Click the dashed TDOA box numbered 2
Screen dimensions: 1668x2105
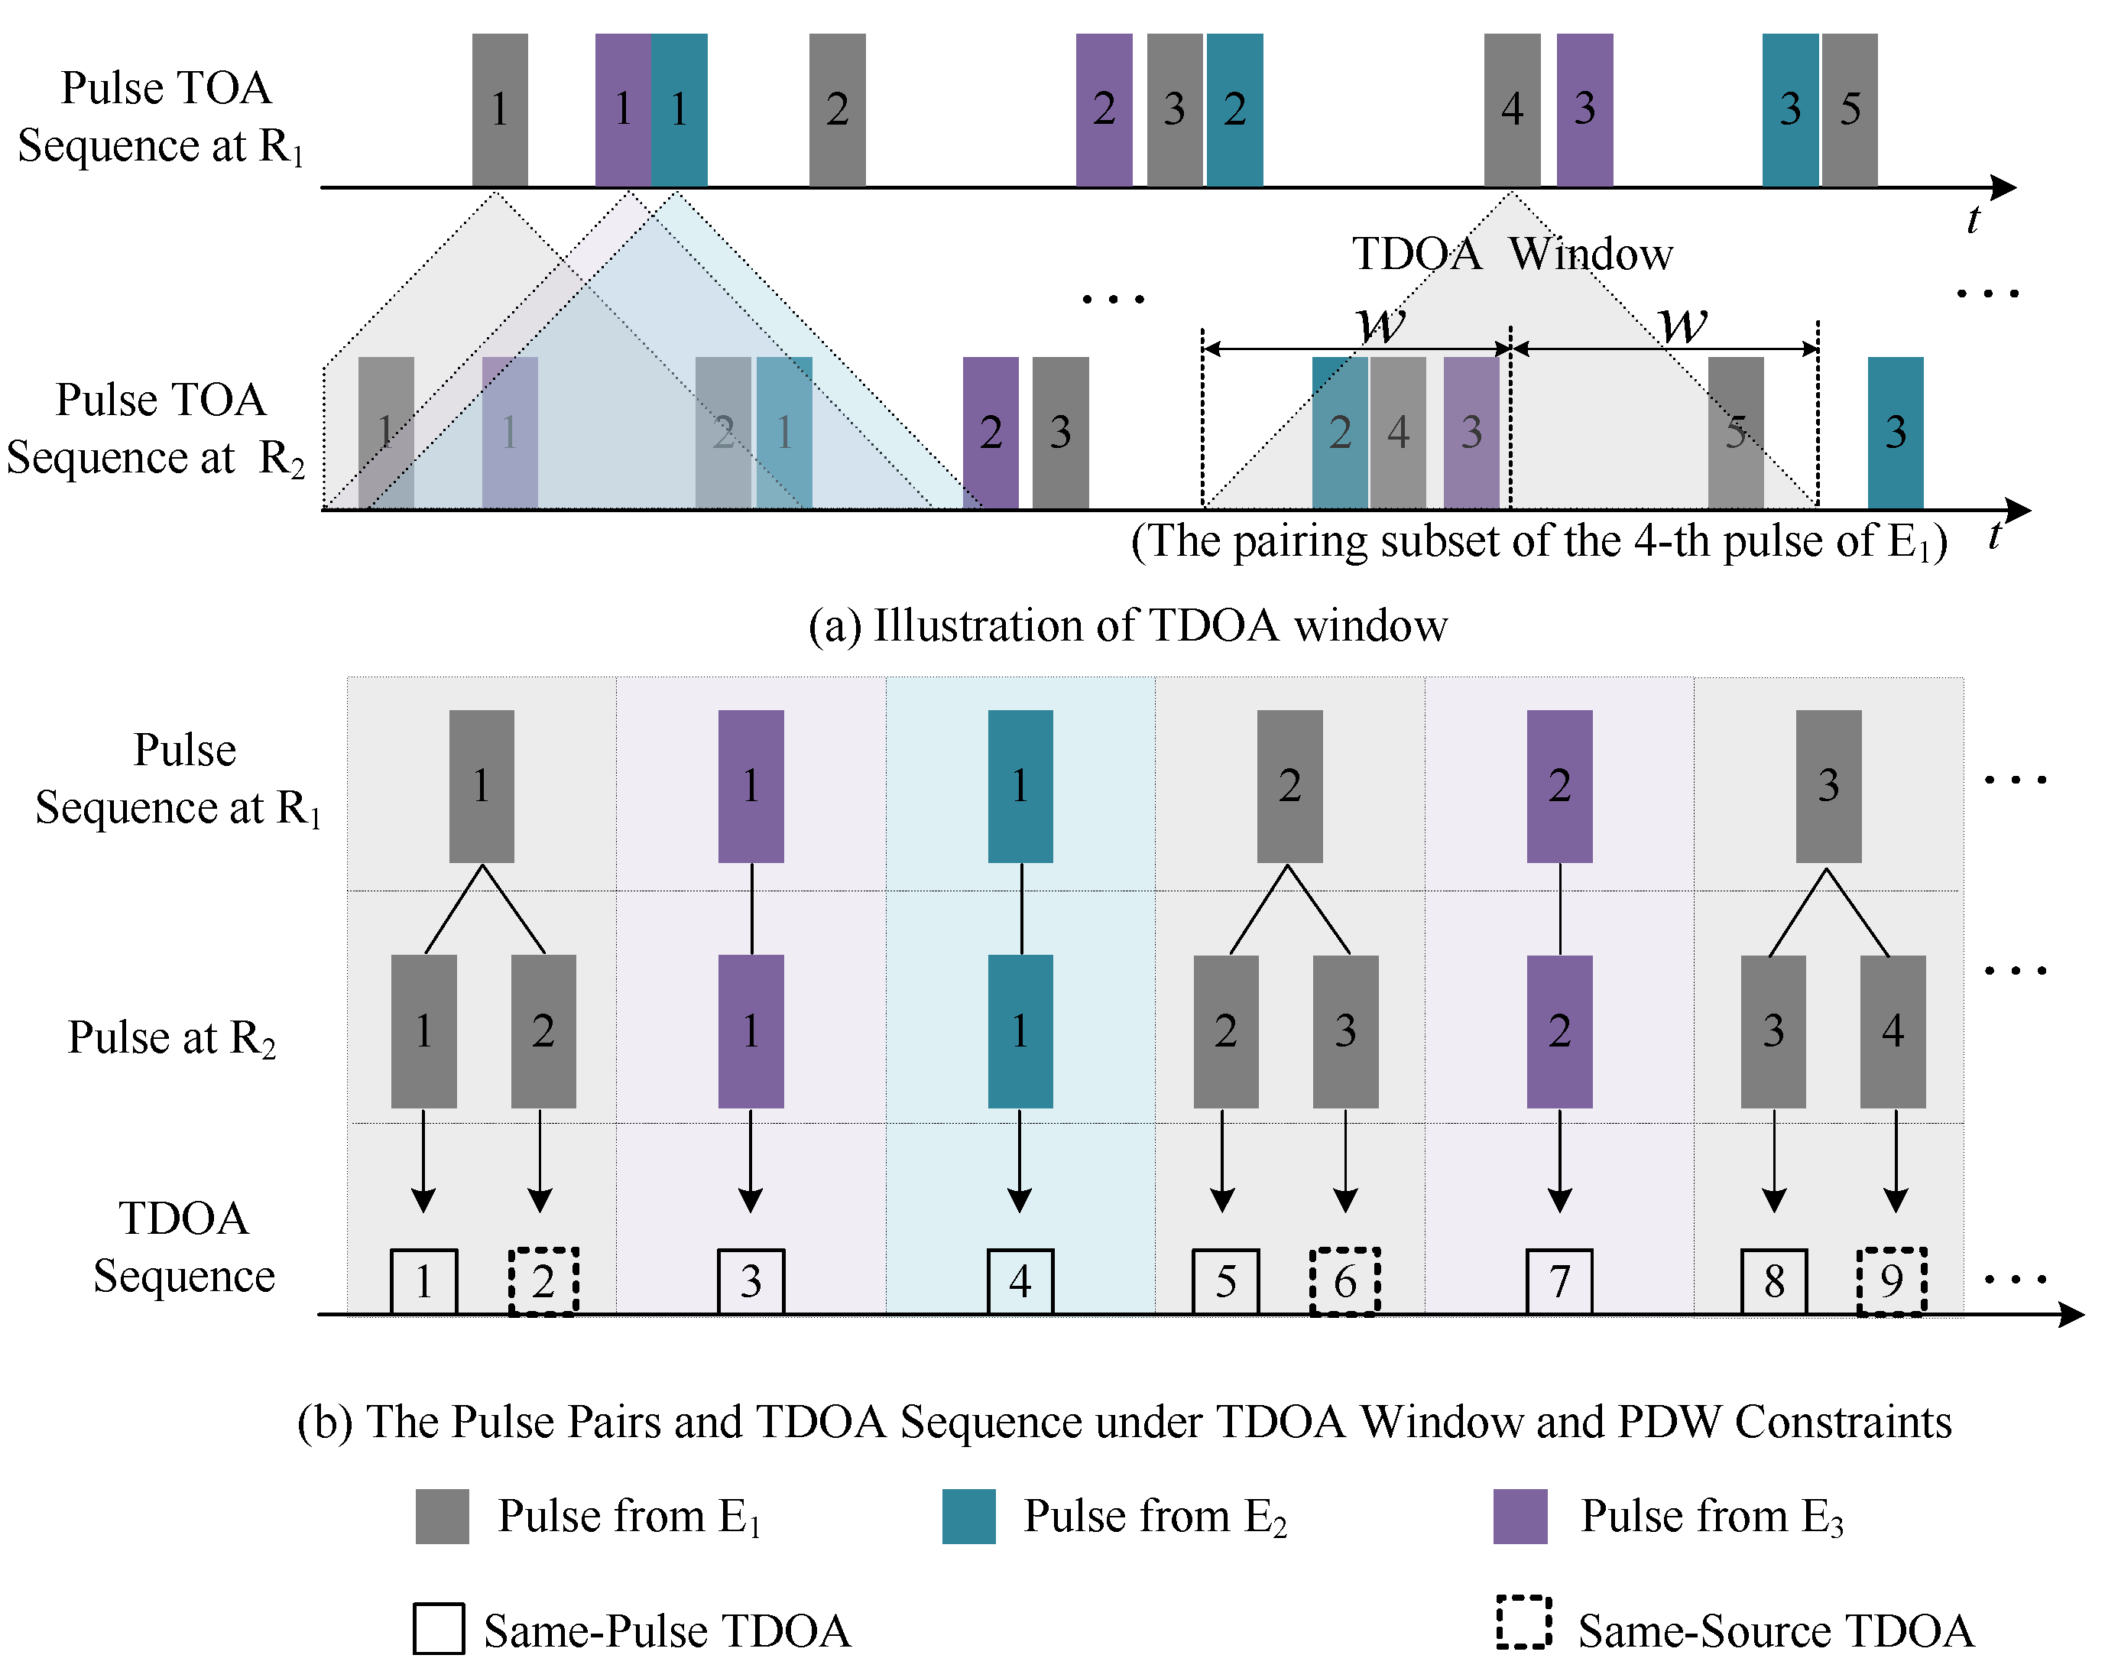(543, 1280)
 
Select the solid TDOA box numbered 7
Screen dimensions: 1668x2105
(1559, 1280)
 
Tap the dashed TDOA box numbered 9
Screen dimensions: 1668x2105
(1891, 1280)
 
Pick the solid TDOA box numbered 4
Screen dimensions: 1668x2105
(1020, 1280)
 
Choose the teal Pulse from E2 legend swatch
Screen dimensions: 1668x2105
(968, 1516)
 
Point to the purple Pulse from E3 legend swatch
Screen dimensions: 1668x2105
(1520, 1516)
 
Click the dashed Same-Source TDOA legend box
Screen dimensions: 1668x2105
(1523, 1622)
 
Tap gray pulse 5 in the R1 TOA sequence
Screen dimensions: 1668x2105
(1849, 109)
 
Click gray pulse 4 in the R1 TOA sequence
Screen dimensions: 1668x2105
(1511, 109)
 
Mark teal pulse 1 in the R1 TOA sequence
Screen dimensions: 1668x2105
(680, 109)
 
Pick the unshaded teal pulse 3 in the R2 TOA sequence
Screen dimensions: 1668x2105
(1895, 432)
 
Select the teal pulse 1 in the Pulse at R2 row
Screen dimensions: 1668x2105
(1020, 1030)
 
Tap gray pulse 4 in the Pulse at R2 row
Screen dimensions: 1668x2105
(1893, 1030)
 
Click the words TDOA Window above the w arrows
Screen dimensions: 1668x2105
(1511, 254)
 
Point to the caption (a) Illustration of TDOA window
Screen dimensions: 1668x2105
(1127, 625)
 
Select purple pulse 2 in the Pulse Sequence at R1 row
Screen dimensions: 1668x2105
(1559, 785)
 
